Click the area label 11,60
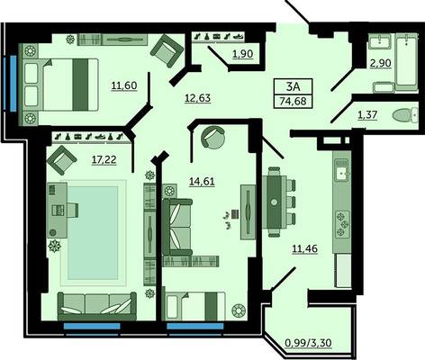[124, 85]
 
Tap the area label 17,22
[104, 160]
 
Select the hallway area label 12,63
[197, 98]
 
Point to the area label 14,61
[202, 182]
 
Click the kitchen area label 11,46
[305, 248]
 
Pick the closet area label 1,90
[243, 54]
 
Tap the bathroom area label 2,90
[381, 63]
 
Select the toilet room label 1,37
[367, 115]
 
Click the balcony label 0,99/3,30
[308, 343]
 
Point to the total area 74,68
[294, 101]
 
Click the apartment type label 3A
[294, 86]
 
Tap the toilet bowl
[405, 115]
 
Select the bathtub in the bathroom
[406, 61]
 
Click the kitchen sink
[342, 172]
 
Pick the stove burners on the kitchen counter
[342, 224]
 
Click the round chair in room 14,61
[213, 137]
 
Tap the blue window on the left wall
[14, 84]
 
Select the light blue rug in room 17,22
[93, 233]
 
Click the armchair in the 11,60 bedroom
[167, 50]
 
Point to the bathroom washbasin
[380, 41]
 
